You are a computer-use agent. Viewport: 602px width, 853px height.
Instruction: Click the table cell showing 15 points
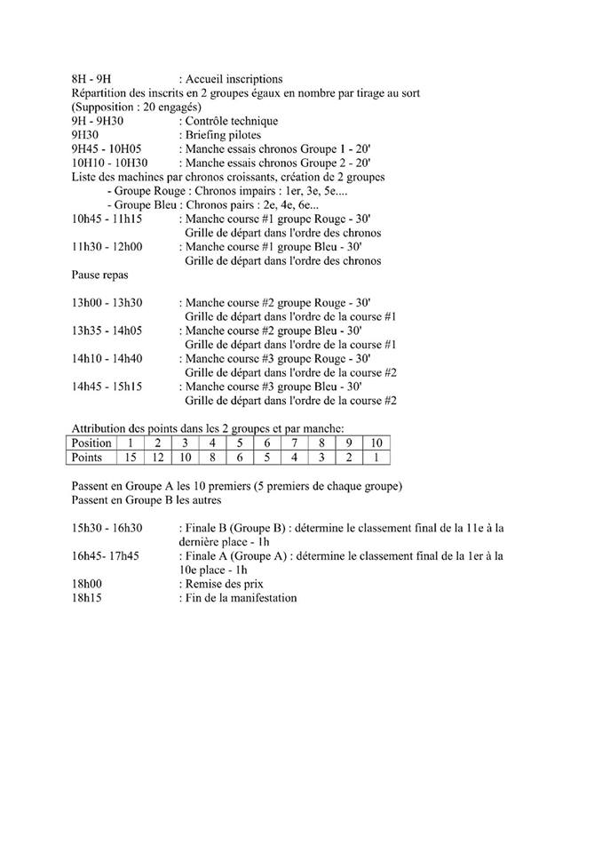[x=131, y=457]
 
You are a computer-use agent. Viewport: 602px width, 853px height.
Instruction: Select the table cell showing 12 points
[x=158, y=457]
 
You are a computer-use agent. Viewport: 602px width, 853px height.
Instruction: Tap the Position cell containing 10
[x=376, y=442]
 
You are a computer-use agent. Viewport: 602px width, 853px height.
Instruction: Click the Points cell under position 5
[x=240, y=457]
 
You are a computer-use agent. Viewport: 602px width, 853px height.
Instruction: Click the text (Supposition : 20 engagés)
[x=131, y=108]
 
